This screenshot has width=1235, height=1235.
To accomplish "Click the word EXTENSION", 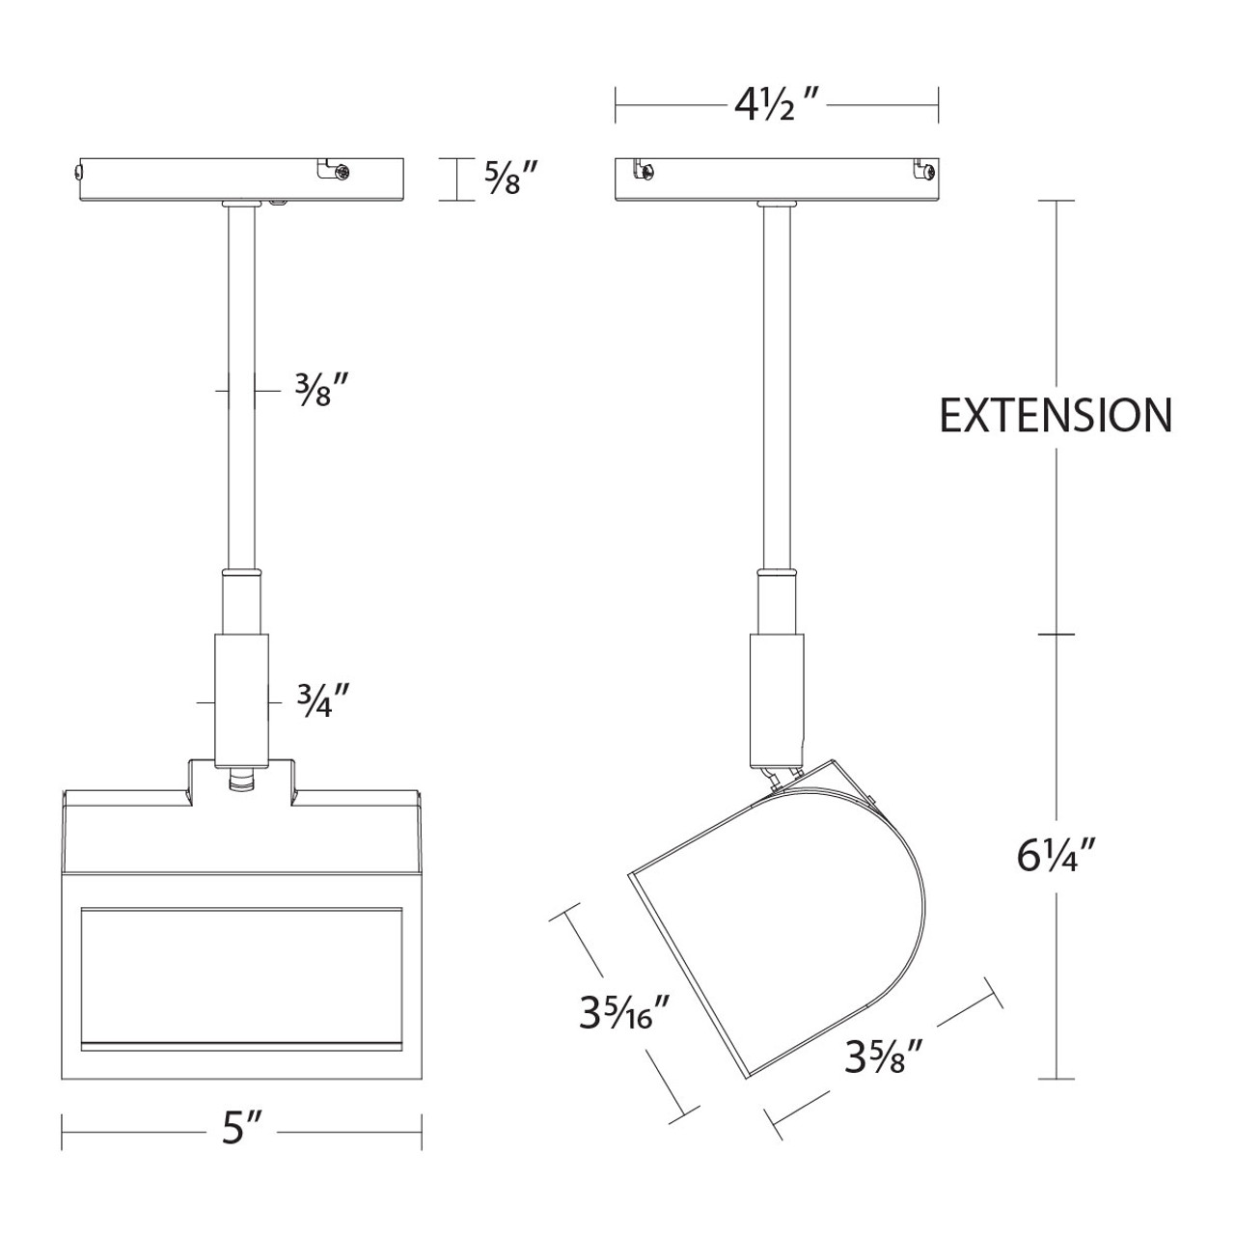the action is click(x=1055, y=416).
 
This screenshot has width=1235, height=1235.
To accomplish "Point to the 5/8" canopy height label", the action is click(x=510, y=179).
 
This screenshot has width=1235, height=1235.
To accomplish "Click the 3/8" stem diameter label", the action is click(x=320, y=390).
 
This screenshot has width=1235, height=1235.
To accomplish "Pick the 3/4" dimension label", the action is click(x=323, y=702).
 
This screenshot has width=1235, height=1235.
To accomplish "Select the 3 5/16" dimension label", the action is click(x=623, y=1012).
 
